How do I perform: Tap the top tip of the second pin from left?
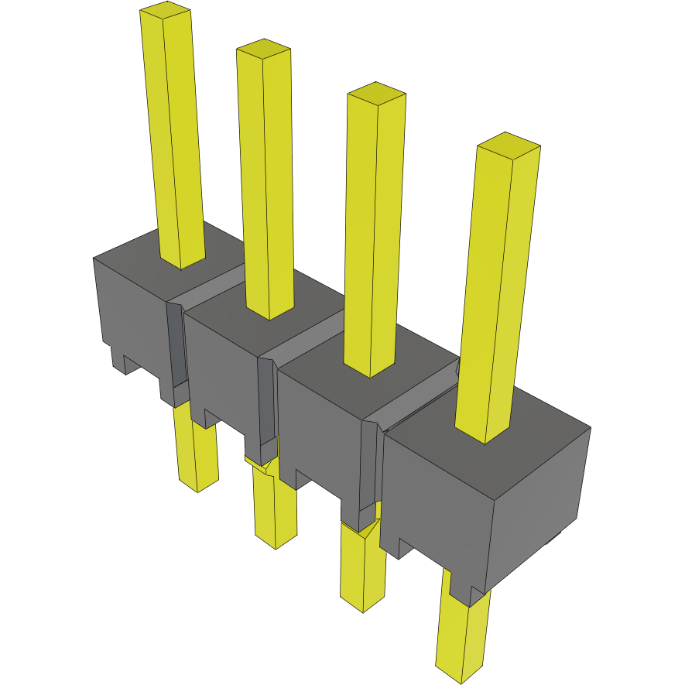click(x=263, y=49)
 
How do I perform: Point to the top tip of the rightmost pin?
click(x=507, y=142)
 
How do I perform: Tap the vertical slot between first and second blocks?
click(x=177, y=348)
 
